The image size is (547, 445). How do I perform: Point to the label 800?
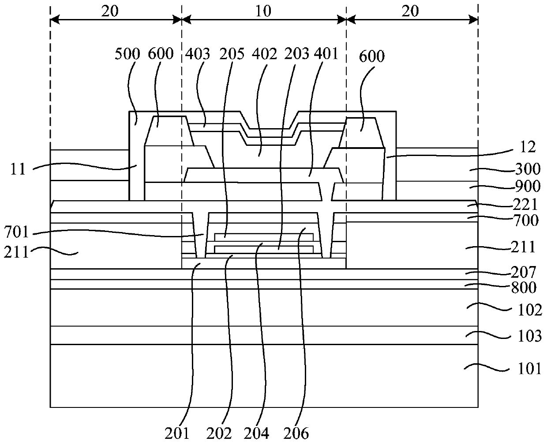tap(525, 288)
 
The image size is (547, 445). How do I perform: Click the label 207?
tap(525, 272)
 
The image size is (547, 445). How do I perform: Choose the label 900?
tap(528, 186)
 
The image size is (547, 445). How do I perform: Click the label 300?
tap(528, 169)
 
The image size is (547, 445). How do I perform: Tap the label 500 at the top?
tap(127, 54)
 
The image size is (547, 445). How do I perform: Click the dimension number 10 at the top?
tap(263, 11)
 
